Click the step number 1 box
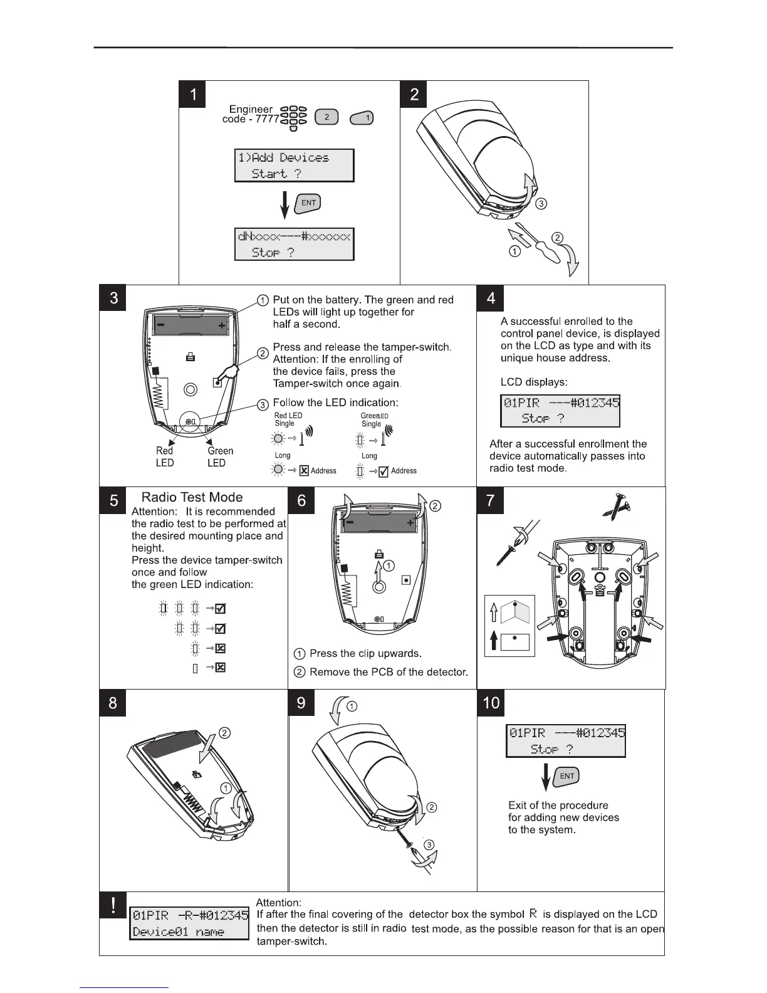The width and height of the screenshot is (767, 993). (194, 95)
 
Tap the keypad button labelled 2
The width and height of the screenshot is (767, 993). (326, 117)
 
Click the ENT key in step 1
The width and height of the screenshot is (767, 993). (309, 203)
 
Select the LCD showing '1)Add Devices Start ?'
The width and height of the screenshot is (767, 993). (294, 165)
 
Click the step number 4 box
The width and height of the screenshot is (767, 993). (491, 298)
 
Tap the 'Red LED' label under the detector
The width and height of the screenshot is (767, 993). (165, 456)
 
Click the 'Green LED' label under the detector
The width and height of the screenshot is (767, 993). (220, 456)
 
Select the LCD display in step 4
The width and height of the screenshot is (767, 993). (560, 410)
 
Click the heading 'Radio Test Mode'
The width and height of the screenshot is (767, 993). (192, 497)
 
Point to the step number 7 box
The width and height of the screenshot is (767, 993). (491, 500)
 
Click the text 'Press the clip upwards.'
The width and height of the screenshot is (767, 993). (365, 653)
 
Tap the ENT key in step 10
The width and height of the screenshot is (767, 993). (567, 776)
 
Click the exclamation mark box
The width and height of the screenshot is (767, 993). (113, 905)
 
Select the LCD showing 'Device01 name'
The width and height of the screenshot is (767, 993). (189, 923)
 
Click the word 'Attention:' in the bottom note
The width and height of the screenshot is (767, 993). (279, 902)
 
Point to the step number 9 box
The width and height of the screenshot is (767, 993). (301, 703)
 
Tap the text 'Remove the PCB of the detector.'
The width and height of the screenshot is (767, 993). (389, 672)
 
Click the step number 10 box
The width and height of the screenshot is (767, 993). (491, 703)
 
